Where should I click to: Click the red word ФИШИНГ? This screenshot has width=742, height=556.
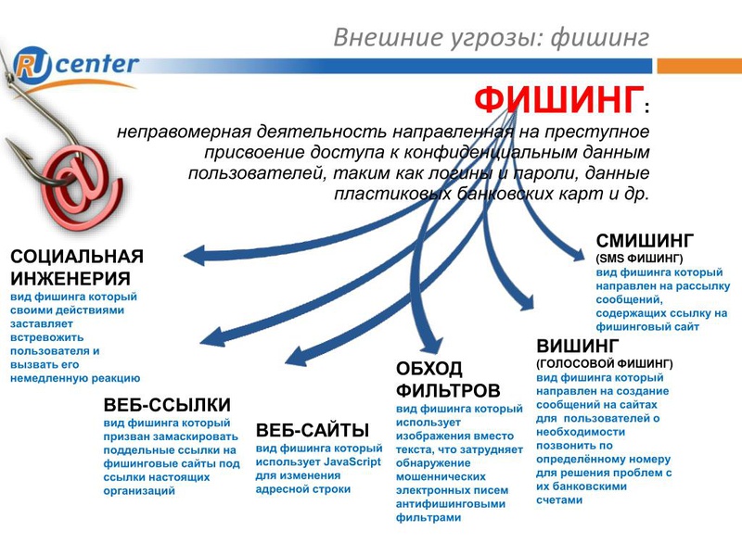click(x=559, y=100)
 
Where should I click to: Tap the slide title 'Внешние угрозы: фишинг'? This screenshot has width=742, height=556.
click(x=492, y=37)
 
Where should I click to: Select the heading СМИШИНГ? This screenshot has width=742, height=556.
click(x=645, y=241)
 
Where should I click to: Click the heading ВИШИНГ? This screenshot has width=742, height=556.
click(x=578, y=346)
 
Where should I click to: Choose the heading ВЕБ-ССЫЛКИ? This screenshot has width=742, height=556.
click(x=167, y=405)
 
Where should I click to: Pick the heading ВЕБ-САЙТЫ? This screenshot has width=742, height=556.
click(x=313, y=430)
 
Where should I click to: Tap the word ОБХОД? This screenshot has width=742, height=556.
click(x=429, y=368)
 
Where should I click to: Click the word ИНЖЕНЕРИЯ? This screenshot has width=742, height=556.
click(x=70, y=279)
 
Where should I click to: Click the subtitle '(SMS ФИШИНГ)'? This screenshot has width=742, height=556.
click(x=639, y=259)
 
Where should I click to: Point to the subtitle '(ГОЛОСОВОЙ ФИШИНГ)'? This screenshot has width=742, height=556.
click(x=605, y=363)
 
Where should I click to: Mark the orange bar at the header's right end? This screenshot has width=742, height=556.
click(x=699, y=66)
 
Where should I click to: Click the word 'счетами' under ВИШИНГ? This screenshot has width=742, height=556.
click(x=559, y=500)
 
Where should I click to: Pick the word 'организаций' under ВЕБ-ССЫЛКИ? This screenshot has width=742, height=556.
click(x=139, y=491)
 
